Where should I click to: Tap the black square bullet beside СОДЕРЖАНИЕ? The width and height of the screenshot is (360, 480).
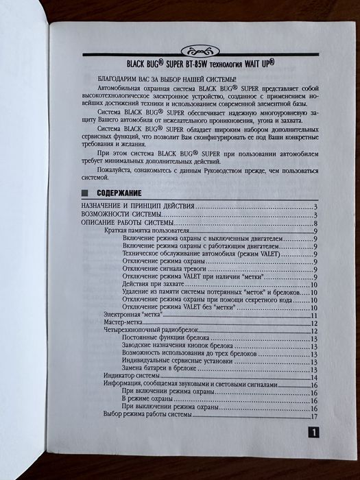pyautogui.click(x=84, y=193)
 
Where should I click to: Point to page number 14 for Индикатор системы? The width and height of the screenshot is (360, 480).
pyautogui.click(x=313, y=377)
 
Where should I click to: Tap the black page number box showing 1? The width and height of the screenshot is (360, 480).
pyautogui.click(x=312, y=433)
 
